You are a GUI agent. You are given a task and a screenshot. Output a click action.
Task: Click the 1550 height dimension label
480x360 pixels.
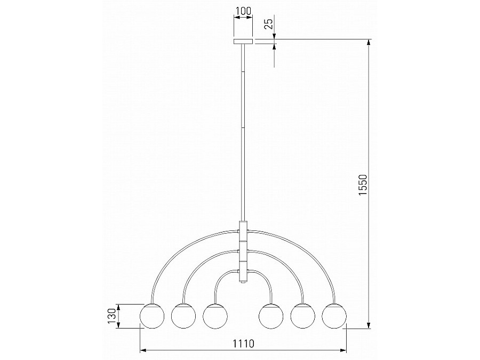[x=363, y=184]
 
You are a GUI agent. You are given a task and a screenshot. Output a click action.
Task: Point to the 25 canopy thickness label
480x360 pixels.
[x=269, y=23]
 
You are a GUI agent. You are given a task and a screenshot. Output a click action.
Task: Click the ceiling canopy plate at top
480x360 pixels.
[x=243, y=42]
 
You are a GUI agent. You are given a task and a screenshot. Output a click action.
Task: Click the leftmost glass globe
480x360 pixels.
[x=151, y=316]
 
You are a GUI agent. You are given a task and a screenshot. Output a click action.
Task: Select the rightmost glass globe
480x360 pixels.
[x=334, y=316]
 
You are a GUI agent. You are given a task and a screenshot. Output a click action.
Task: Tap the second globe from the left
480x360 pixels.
[x=183, y=316]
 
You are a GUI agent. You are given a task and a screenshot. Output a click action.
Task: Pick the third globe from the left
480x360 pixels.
[x=214, y=316]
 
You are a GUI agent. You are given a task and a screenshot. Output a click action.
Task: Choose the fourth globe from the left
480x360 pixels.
[x=271, y=316]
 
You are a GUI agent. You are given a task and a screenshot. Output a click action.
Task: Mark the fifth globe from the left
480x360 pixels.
[x=302, y=316]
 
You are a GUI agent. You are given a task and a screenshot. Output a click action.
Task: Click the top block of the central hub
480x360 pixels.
[x=244, y=231]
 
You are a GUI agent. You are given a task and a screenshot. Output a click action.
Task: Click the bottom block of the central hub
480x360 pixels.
[x=244, y=271]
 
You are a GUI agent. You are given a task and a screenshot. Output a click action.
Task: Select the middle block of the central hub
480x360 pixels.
[x=244, y=251]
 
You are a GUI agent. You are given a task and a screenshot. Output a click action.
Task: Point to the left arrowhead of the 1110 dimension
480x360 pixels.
[x=143, y=350]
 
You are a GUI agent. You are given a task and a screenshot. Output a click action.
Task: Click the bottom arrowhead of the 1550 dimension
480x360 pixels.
[x=368, y=324]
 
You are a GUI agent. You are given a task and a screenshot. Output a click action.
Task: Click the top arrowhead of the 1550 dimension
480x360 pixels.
[x=368, y=43]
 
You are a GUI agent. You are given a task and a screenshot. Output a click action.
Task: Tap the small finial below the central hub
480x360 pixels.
[x=244, y=284]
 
